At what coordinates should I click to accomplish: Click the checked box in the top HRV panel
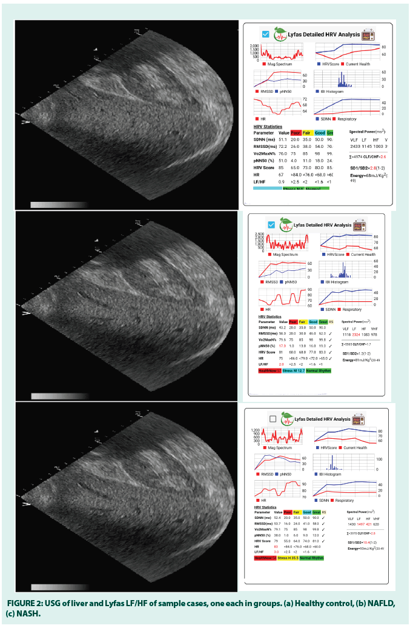click(265, 34)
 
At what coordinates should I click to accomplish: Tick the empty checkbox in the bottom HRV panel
click(273, 418)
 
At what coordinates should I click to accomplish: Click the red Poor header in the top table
click(296, 132)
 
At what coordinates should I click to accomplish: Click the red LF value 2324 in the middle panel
click(357, 335)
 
